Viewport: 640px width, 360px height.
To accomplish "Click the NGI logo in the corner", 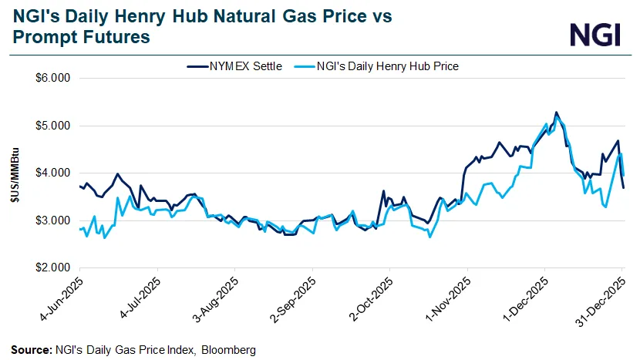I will (x=595, y=34).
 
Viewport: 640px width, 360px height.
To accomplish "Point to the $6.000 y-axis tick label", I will (x=52, y=78).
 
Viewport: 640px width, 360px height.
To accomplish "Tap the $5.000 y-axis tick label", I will (x=52, y=126).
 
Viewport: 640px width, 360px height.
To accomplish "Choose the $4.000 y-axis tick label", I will (x=52, y=173).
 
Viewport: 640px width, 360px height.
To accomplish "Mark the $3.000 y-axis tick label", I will (x=52, y=220).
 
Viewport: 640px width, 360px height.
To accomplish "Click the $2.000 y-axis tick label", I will (x=52, y=267).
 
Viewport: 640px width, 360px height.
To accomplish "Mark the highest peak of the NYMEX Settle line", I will (x=556, y=112).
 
